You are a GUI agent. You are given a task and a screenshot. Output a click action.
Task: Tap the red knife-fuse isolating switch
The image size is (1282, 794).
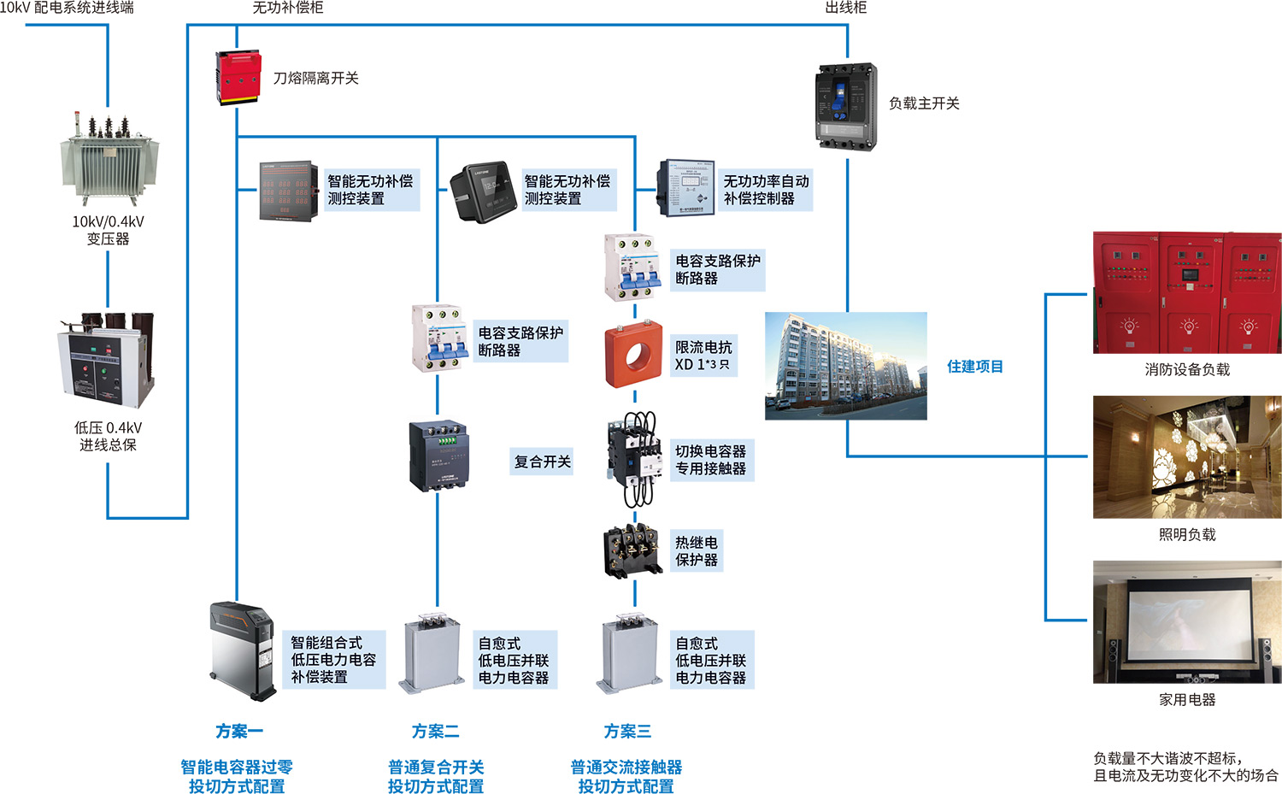click(x=238, y=78)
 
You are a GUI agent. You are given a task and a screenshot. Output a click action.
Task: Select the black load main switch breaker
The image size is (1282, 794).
click(x=846, y=106)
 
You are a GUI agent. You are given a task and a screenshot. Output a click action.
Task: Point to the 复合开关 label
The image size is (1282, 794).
click(x=543, y=462)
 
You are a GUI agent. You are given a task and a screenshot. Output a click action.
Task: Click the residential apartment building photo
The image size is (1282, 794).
click(x=845, y=366)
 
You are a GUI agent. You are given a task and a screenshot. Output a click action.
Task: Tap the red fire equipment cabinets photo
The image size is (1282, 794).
click(x=1187, y=292)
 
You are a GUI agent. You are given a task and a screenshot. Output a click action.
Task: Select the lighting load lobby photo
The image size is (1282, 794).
click(x=1187, y=456)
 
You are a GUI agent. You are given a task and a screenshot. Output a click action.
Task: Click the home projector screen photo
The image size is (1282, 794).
click(x=1187, y=621)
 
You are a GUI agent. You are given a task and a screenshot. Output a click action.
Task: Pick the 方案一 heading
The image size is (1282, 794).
click(x=239, y=732)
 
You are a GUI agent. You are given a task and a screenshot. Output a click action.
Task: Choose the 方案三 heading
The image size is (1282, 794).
click(x=627, y=732)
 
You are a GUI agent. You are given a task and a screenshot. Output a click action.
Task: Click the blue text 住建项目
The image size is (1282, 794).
click(x=975, y=367)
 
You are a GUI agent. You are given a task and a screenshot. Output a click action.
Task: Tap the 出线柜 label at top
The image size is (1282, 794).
click(x=846, y=8)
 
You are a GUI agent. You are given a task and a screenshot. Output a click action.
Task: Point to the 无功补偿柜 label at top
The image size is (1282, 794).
click(x=288, y=8)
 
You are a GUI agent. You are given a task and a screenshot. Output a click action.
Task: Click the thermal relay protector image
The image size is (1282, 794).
click(x=633, y=551)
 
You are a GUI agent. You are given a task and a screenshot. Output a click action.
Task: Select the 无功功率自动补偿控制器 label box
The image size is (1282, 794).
click(x=766, y=190)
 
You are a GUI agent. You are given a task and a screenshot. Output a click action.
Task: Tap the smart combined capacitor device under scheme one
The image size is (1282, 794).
click(x=244, y=650)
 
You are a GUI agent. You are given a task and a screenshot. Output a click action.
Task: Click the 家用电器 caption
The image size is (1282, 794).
click(x=1187, y=700)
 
